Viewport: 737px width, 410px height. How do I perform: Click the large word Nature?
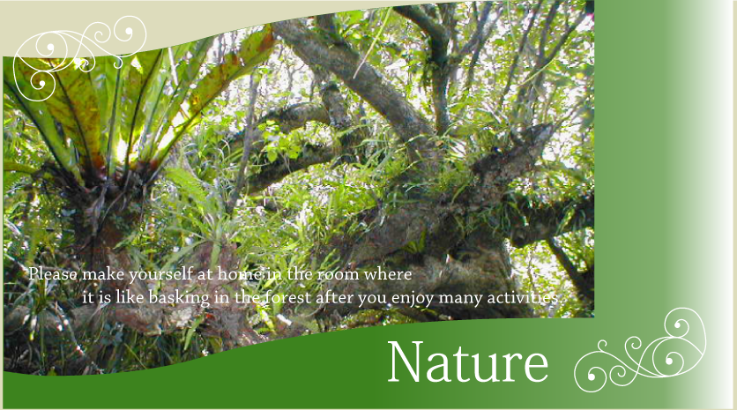point(468,362)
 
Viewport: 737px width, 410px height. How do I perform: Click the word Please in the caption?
point(53,273)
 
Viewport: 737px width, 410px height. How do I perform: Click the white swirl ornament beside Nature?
point(641,350)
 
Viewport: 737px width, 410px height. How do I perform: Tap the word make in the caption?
point(103,273)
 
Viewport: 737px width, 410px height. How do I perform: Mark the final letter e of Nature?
point(536,367)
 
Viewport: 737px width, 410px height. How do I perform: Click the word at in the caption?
point(205,274)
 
